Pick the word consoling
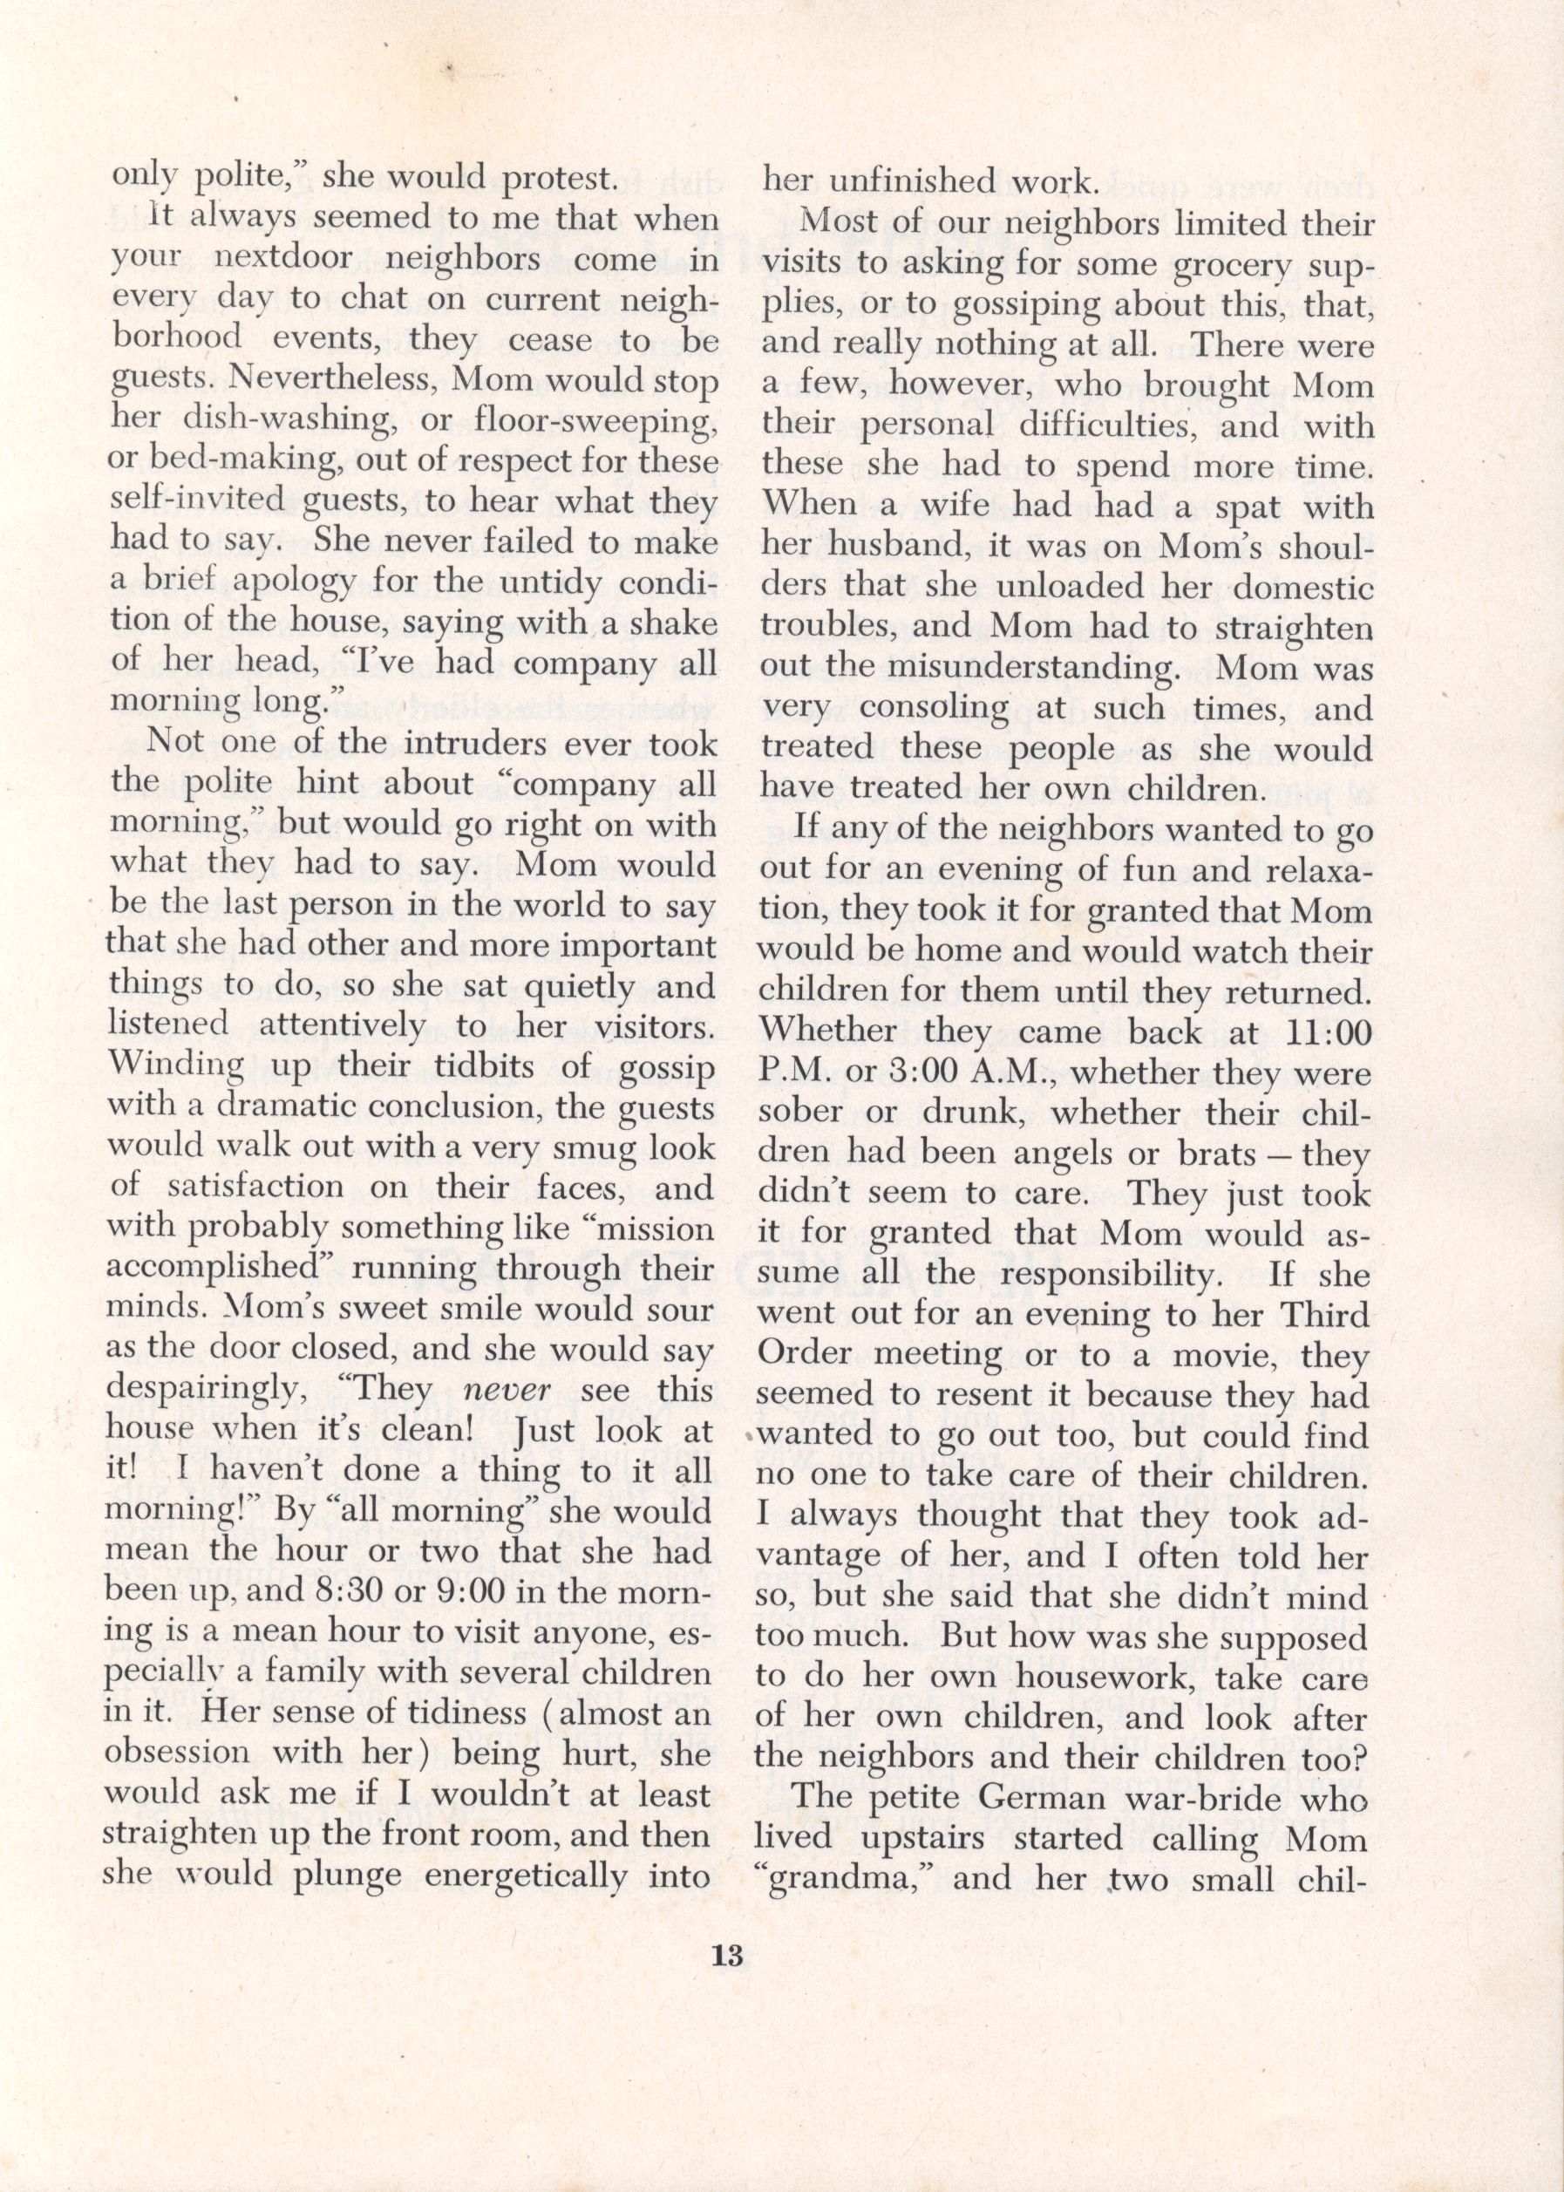point(931,708)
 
